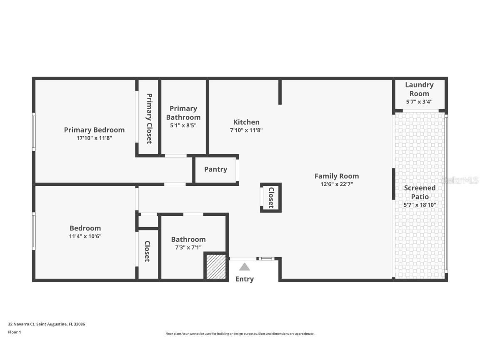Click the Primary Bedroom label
click(94, 130)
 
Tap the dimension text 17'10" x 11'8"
click(94, 138)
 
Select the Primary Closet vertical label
click(149, 118)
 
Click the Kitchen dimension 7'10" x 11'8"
click(246, 130)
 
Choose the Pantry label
click(215, 169)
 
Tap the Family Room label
click(336, 176)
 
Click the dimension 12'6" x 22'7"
click(336, 184)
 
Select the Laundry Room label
click(419, 89)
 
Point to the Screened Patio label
click(420, 192)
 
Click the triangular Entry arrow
click(245, 267)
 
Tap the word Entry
click(245, 279)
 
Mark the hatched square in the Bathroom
click(216, 267)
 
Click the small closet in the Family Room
click(270, 197)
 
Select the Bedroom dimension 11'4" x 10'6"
click(85, 236)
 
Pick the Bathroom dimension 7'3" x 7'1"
click(188, 247)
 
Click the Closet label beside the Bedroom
click(147, 251)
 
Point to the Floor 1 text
click(14, 332)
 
